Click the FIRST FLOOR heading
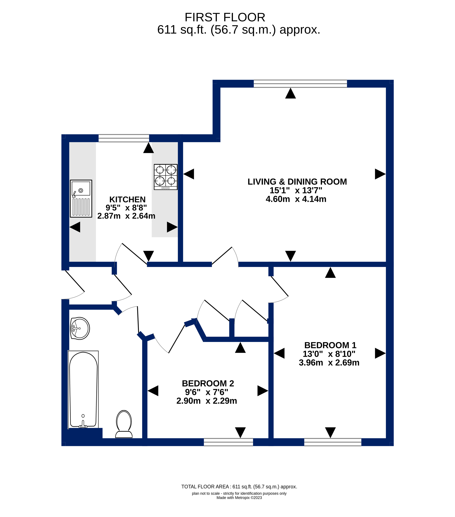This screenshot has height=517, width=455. [x=225, y=17]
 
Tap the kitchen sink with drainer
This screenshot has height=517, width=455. [x=81, y=199]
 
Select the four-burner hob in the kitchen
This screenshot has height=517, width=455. [x=166, y=177]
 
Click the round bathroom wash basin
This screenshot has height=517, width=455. [x=80, y=328]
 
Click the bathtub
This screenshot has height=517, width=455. [x=83, y=389]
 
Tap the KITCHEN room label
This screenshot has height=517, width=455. [x=127, y=199]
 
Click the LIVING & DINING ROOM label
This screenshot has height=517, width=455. [x=297, y=182]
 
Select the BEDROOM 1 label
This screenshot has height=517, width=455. [x=330, y=345]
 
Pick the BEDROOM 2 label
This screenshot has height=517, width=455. [x=208, y=383]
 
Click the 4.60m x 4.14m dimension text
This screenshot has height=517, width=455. [x=296, y=199]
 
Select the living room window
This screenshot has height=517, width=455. [x=300, y=84]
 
